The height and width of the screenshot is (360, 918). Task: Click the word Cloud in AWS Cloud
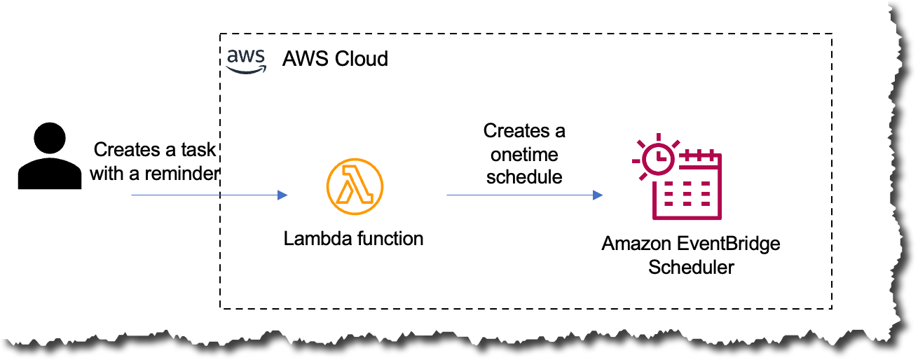coord(361,58)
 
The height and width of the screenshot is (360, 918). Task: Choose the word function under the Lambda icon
coord(390,239)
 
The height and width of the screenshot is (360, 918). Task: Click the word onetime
coord(524,154)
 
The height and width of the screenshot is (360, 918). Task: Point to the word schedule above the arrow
coord(524,176)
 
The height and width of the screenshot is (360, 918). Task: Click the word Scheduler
coord(691,267)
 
